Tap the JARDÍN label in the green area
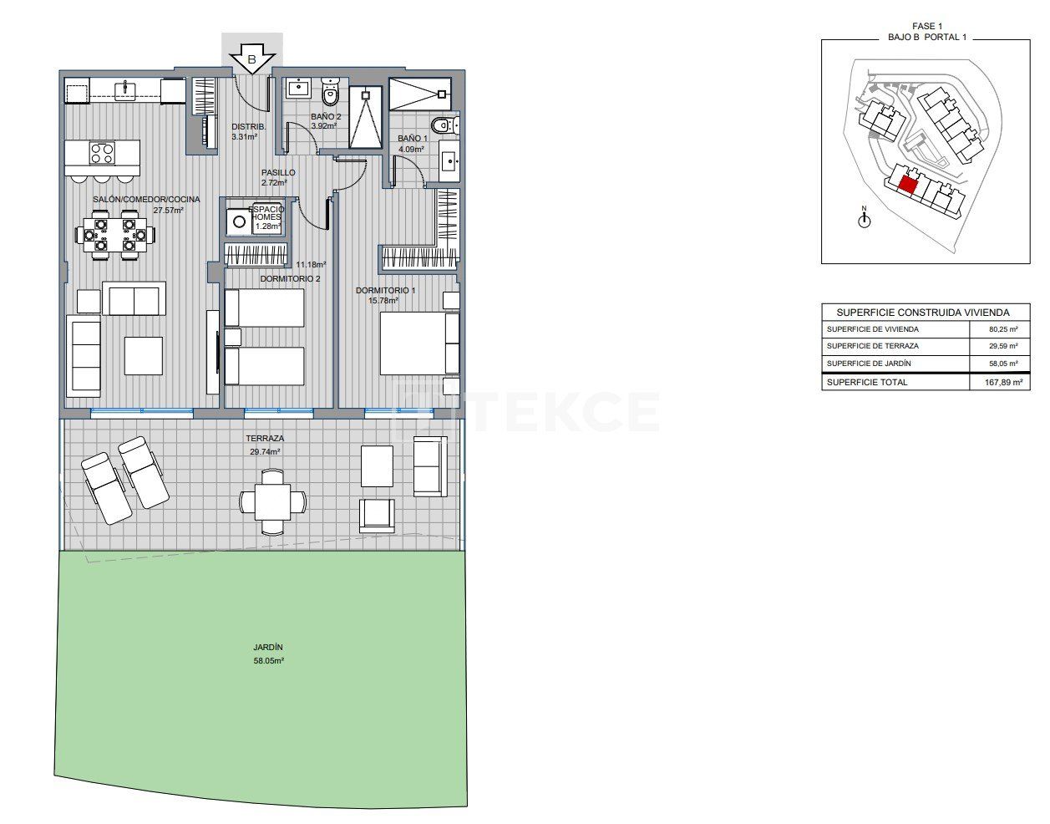(x=268, y=647)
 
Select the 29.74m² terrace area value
(x=265, y=451)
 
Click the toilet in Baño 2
(x=330, y=93)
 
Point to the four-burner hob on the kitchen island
(x=102, y=154)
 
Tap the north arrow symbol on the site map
(x=865, y=219)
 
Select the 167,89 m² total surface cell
(x=997, y=383)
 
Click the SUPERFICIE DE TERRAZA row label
(x=872, y=346)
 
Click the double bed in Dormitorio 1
(x=418, y=343)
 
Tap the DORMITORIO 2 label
(x=290, y=278)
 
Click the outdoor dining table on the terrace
(x=272, y=502)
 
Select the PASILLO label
(x=278, y=173)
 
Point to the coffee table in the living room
(x=143, y=355)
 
